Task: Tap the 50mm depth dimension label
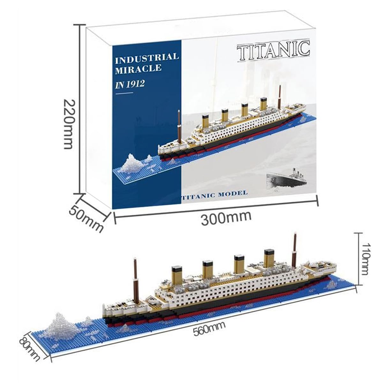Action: (86, 218)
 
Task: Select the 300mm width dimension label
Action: (226, 218)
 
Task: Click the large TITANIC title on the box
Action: (273, 51)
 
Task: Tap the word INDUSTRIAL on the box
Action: (147, 58)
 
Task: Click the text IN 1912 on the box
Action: (130, 85)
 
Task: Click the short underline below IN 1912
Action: (124, 93)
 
